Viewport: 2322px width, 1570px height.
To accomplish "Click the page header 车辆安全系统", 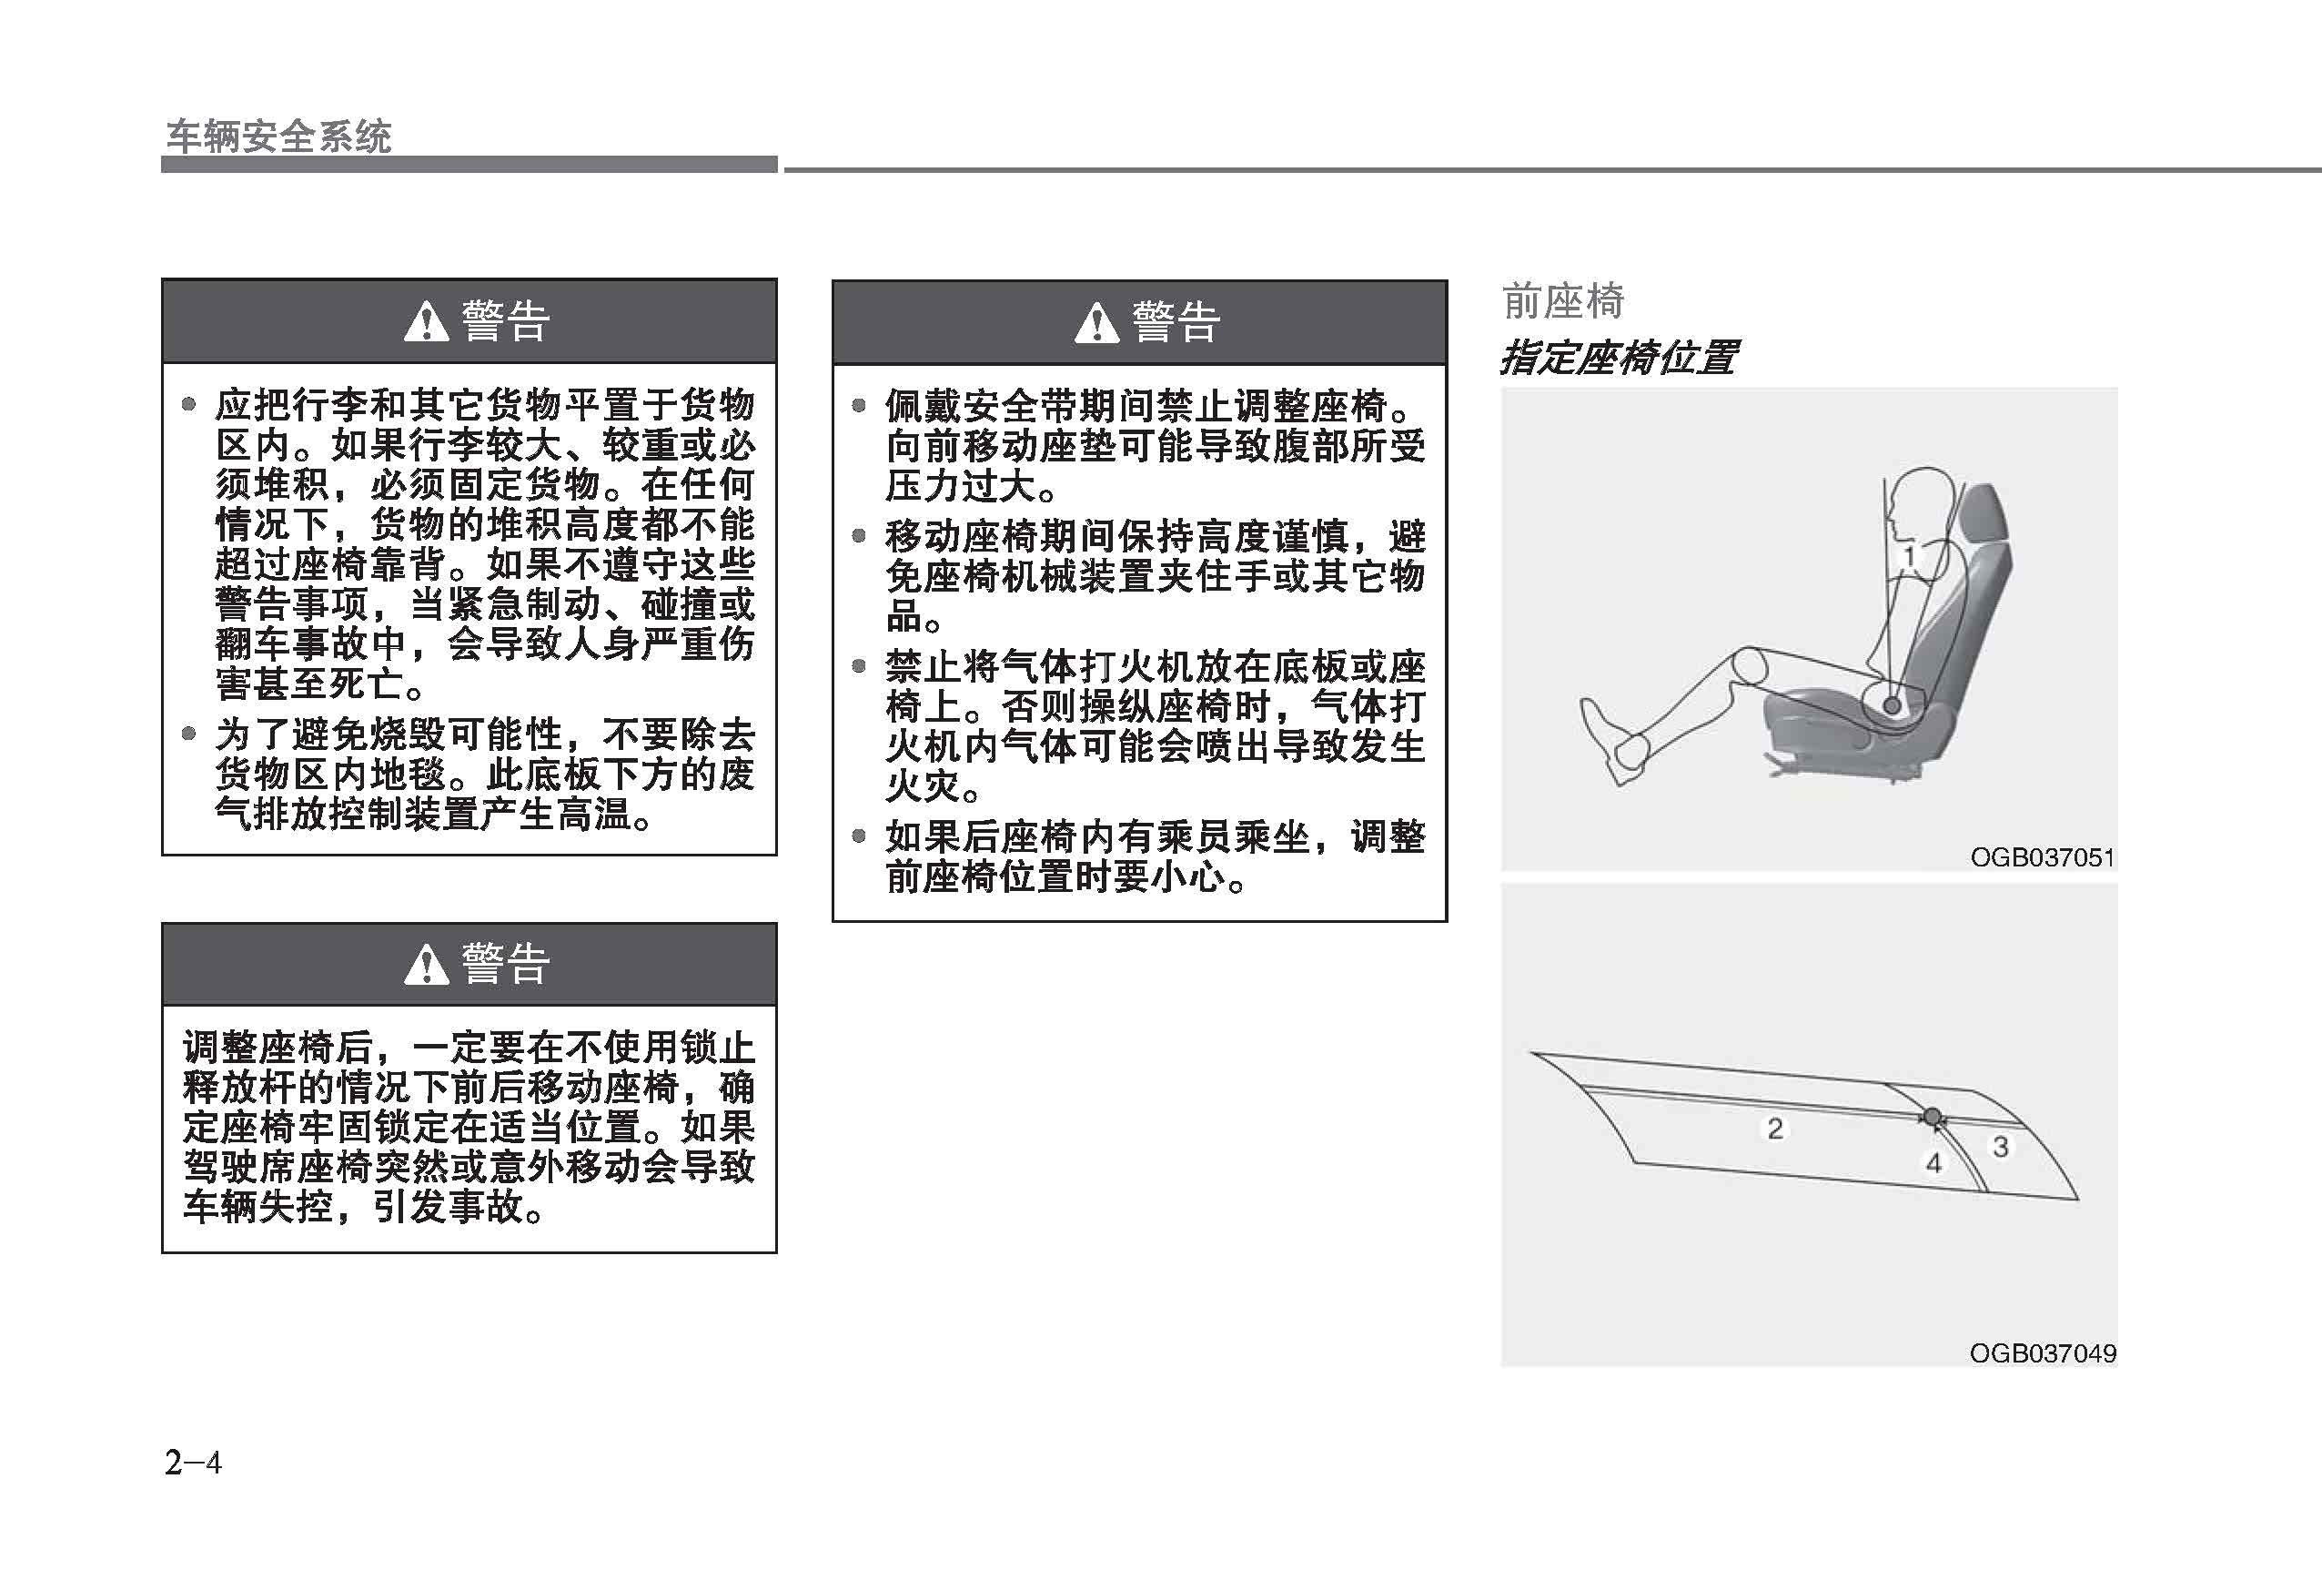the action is [278, 137].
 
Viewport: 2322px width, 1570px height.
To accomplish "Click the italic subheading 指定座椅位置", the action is [1618, 357].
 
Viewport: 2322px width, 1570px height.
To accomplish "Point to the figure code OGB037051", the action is [2043, 856].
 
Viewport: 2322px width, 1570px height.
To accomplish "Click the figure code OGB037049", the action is [2043, 1353].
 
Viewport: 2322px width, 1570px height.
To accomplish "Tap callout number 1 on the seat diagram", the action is [1909, 557].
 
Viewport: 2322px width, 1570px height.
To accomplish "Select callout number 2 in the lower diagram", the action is [1774, 1129].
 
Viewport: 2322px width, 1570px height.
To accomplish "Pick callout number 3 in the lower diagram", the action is [2000, 1146].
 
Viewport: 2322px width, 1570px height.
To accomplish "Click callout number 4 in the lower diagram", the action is [1933, 1162].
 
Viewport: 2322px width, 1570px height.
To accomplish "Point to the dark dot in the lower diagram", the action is [1933, 1116].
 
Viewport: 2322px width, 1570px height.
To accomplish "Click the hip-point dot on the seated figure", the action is [1891, 705].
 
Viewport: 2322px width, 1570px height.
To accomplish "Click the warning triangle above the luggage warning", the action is [427, 322].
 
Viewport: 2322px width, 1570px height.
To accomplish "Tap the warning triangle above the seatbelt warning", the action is [1096, 323].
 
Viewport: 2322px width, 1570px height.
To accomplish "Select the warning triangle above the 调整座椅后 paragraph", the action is [427, 965].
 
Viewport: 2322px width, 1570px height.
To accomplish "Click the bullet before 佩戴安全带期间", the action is [858, 405].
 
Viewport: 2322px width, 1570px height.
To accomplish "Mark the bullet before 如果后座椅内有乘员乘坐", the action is [858, 836].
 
